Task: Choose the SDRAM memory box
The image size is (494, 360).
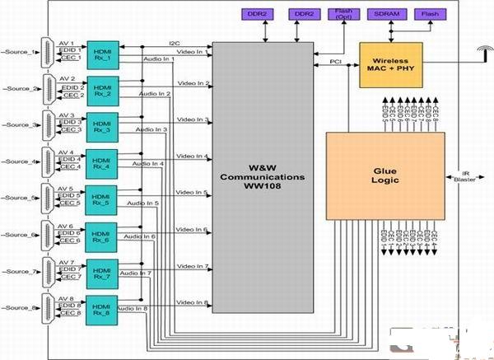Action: [x=392, y=14]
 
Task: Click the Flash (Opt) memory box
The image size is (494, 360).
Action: [x=343, y=14]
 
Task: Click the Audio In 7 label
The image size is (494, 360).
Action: [x=136, y=273]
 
